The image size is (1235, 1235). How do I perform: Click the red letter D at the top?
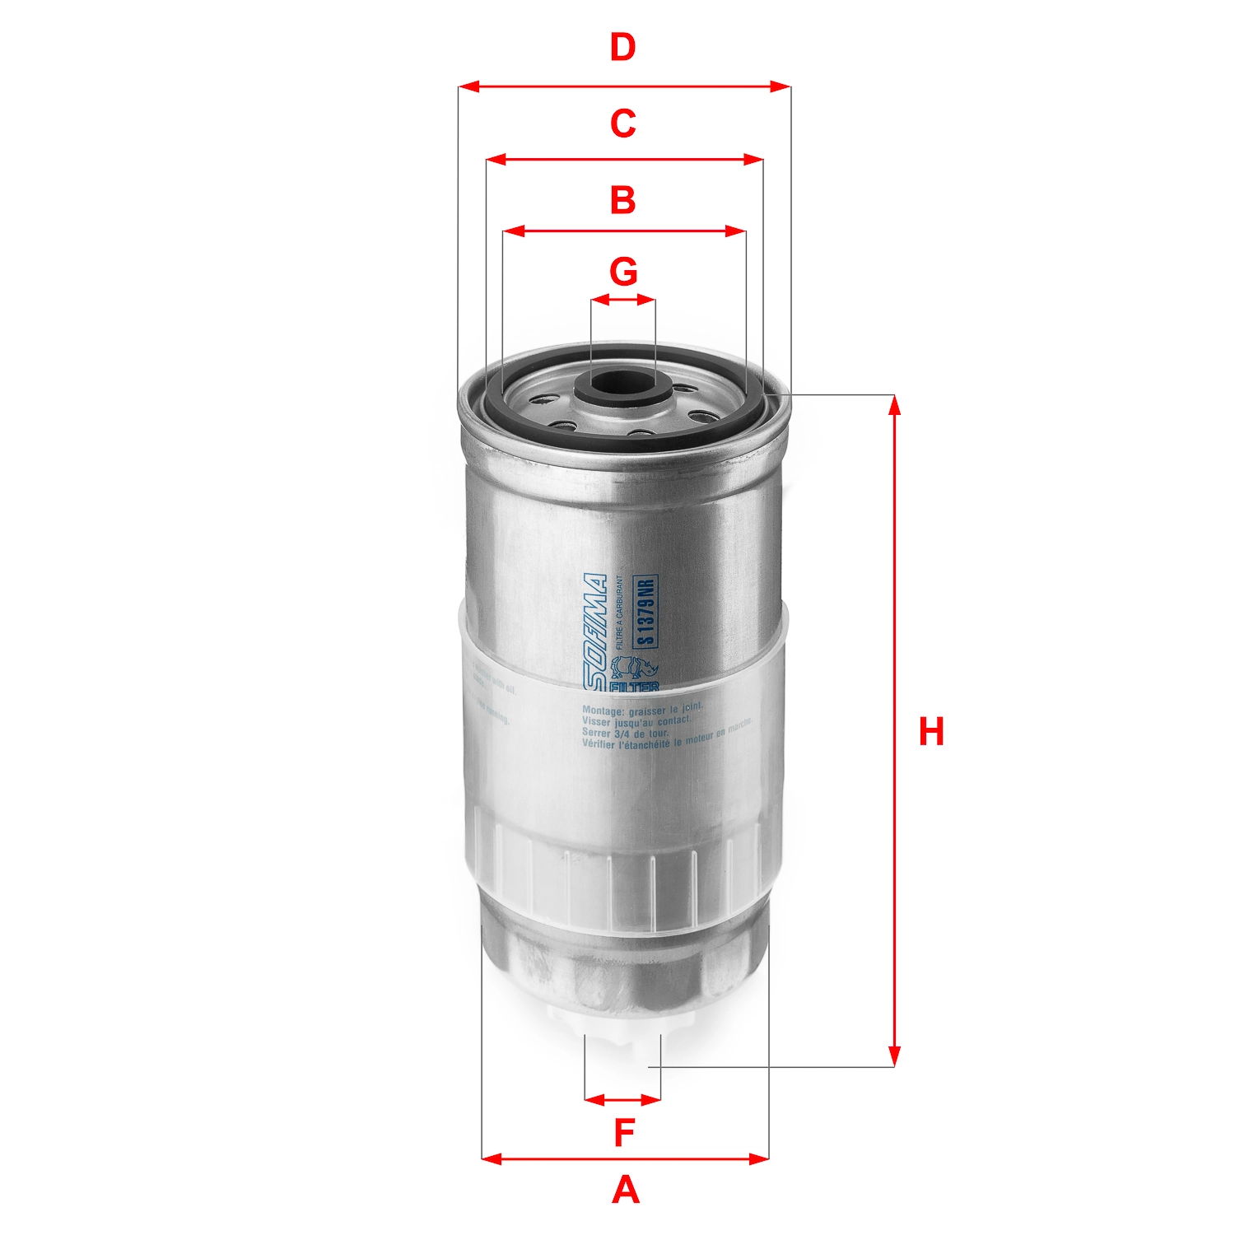[622, 48]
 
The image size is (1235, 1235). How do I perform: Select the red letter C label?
[622, 123]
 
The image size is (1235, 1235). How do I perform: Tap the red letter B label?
[622, 200]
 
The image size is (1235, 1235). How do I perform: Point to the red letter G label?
[623, 271]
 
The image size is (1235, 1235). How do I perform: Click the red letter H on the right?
[931, 732]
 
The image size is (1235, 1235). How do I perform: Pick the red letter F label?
[624, 1134]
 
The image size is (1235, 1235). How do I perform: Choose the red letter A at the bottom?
[625, 1191]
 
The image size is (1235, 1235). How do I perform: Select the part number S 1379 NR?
[646, 611]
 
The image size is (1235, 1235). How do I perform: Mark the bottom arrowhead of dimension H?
[895, 1058]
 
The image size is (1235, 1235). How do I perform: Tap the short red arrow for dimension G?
[623, 301]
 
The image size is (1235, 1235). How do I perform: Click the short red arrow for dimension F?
[622, 1099]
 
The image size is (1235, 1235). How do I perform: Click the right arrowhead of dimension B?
[736, 232]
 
